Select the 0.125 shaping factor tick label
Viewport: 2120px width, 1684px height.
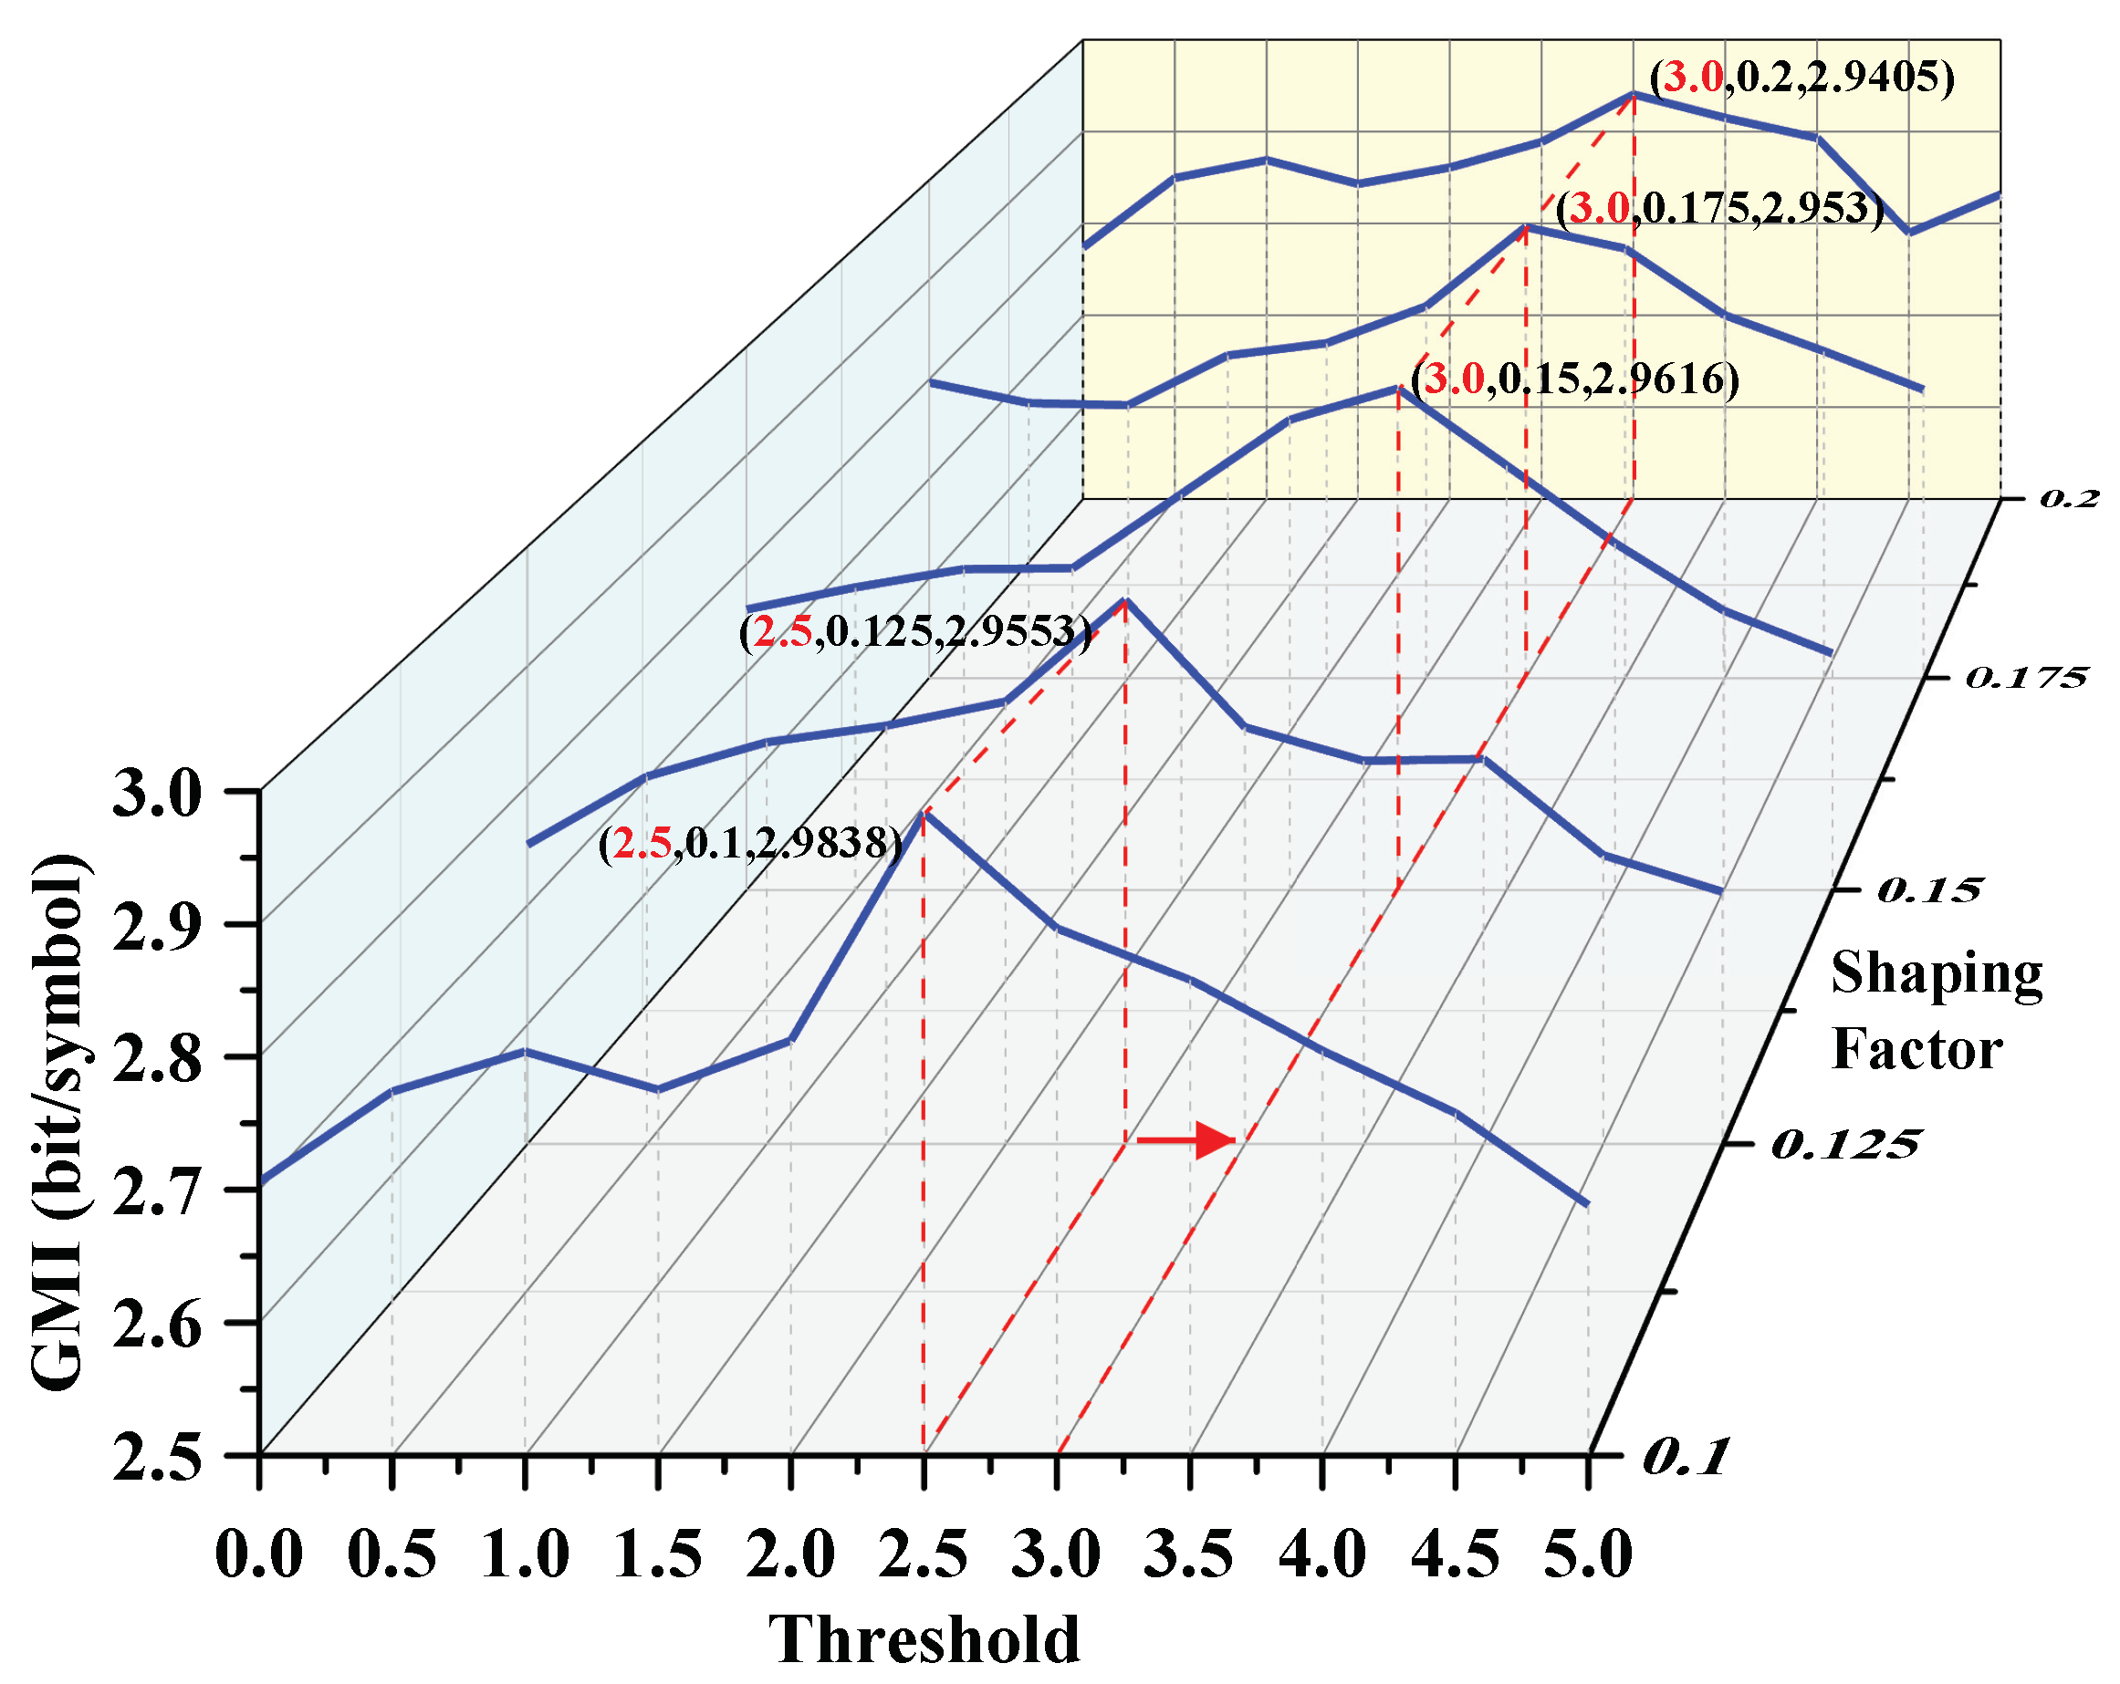(1843, 1145)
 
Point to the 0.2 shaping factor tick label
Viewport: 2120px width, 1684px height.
(2069, 498)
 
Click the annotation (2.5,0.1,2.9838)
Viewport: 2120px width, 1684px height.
(749, 844)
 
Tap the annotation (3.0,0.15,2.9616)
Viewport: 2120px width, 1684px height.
(1574, 379)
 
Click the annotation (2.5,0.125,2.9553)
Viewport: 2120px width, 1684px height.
(914, 632)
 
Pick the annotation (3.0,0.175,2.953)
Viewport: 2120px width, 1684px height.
(1718, 208)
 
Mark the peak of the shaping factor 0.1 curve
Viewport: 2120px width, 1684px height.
(923, 814)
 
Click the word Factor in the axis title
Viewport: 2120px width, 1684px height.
(1916, 1049)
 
